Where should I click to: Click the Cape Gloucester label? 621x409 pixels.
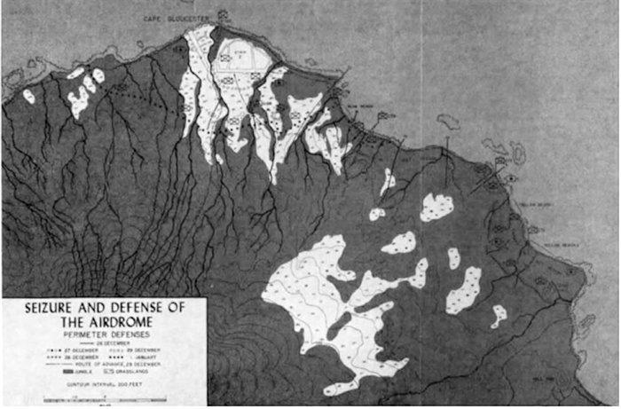[183, 16]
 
